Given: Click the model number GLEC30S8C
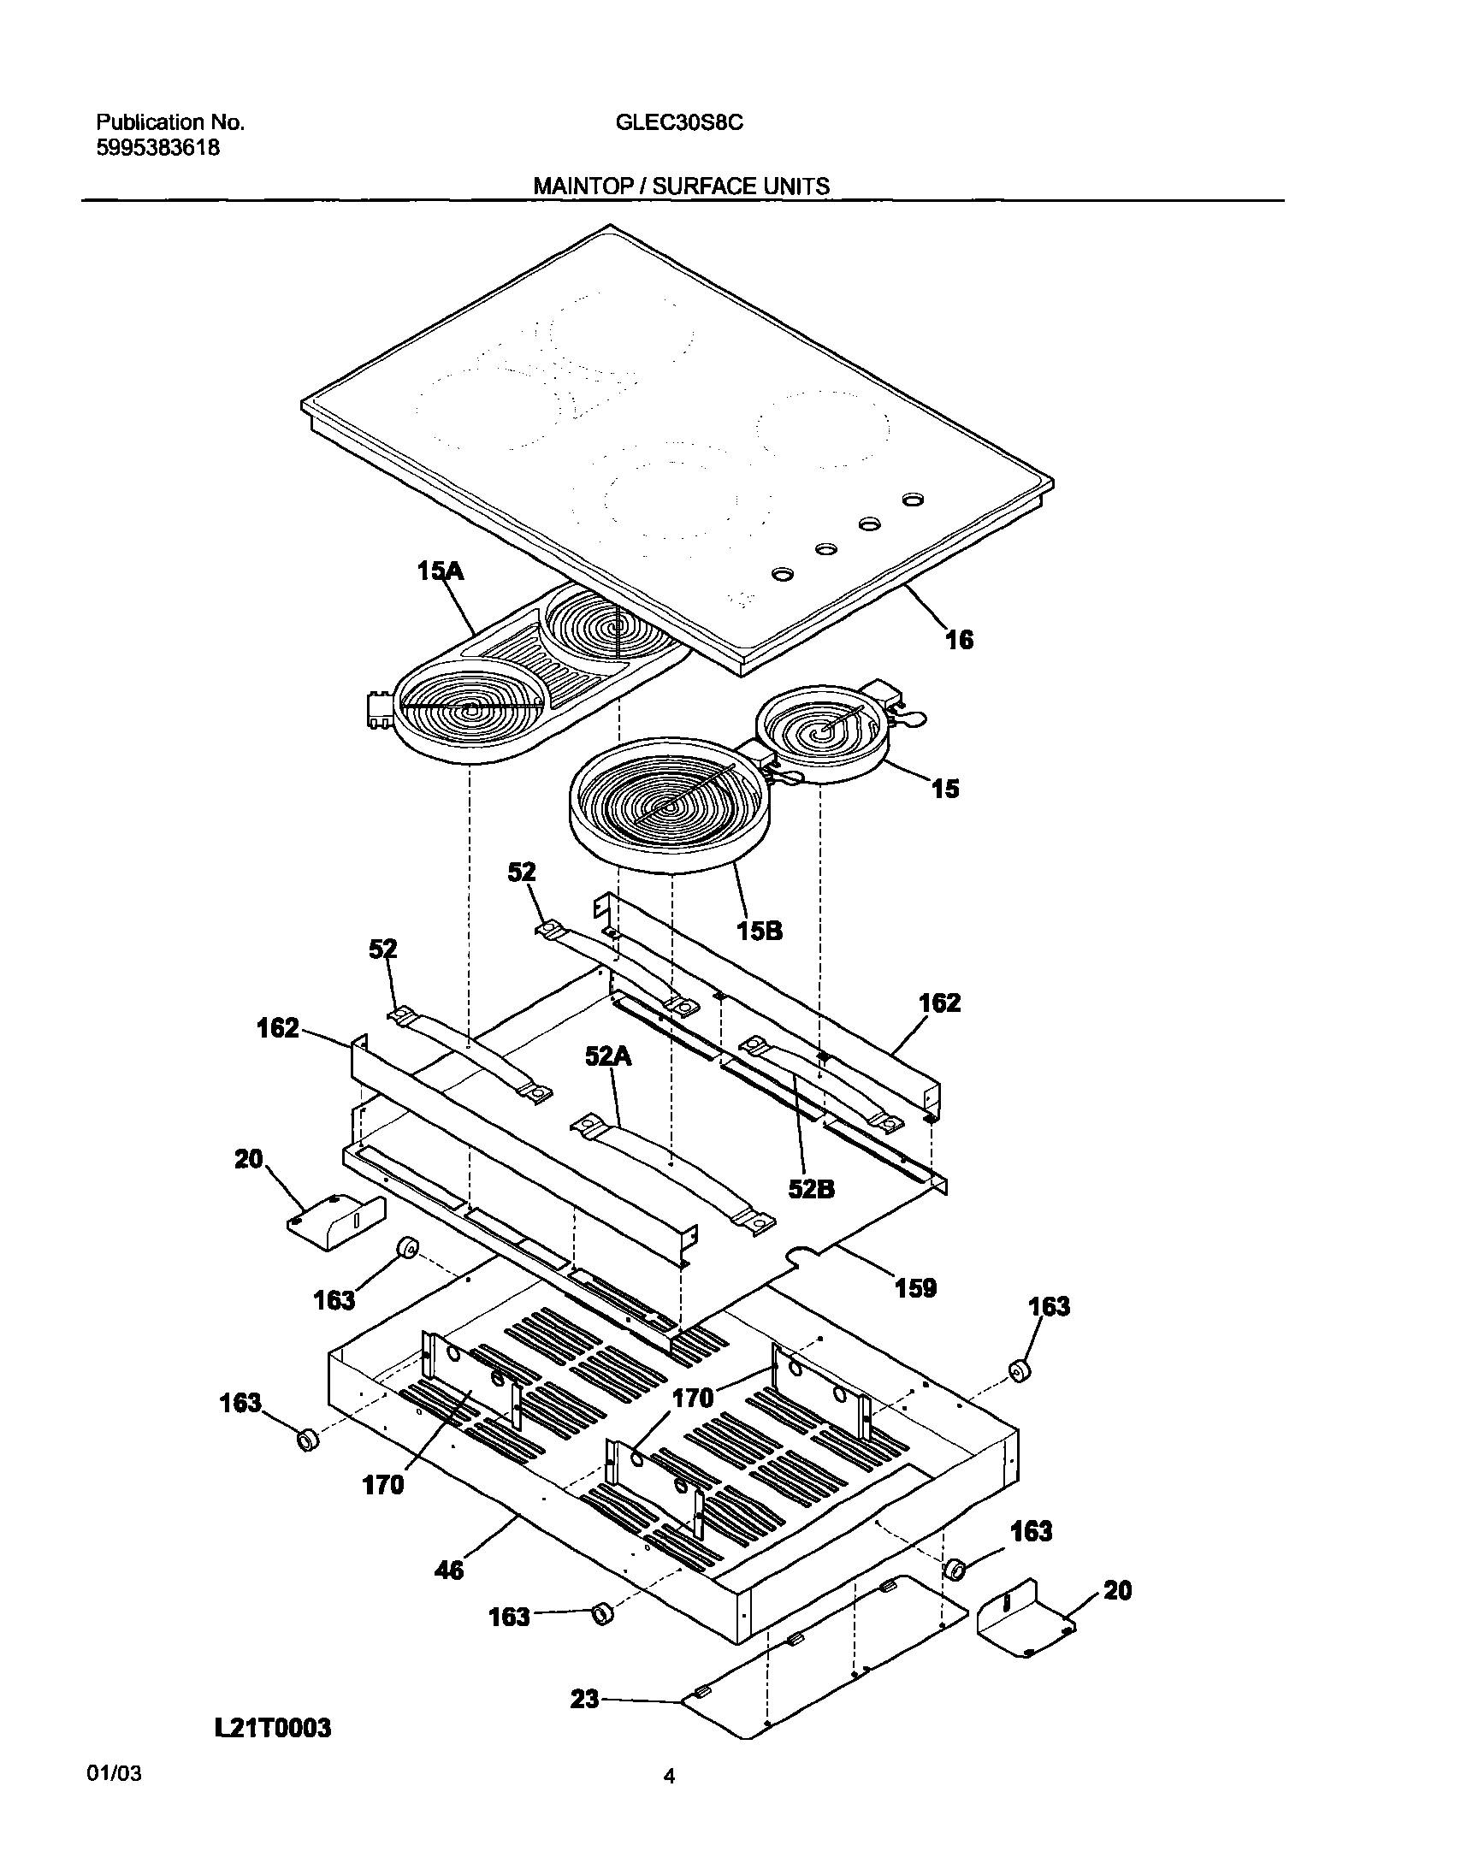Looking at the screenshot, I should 678,122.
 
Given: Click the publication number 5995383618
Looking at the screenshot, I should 157,148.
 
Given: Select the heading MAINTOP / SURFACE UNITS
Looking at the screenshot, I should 681,186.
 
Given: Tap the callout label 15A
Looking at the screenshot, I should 440,571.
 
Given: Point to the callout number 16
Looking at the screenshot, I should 960,639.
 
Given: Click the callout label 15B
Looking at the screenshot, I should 760,930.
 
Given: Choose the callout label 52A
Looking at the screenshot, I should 608,1058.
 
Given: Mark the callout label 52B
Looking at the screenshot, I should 812,1189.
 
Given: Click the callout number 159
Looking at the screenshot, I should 915,1312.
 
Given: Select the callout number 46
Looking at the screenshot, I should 449,1570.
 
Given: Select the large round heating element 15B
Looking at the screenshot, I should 665,804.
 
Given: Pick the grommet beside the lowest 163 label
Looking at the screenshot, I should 603,1614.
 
